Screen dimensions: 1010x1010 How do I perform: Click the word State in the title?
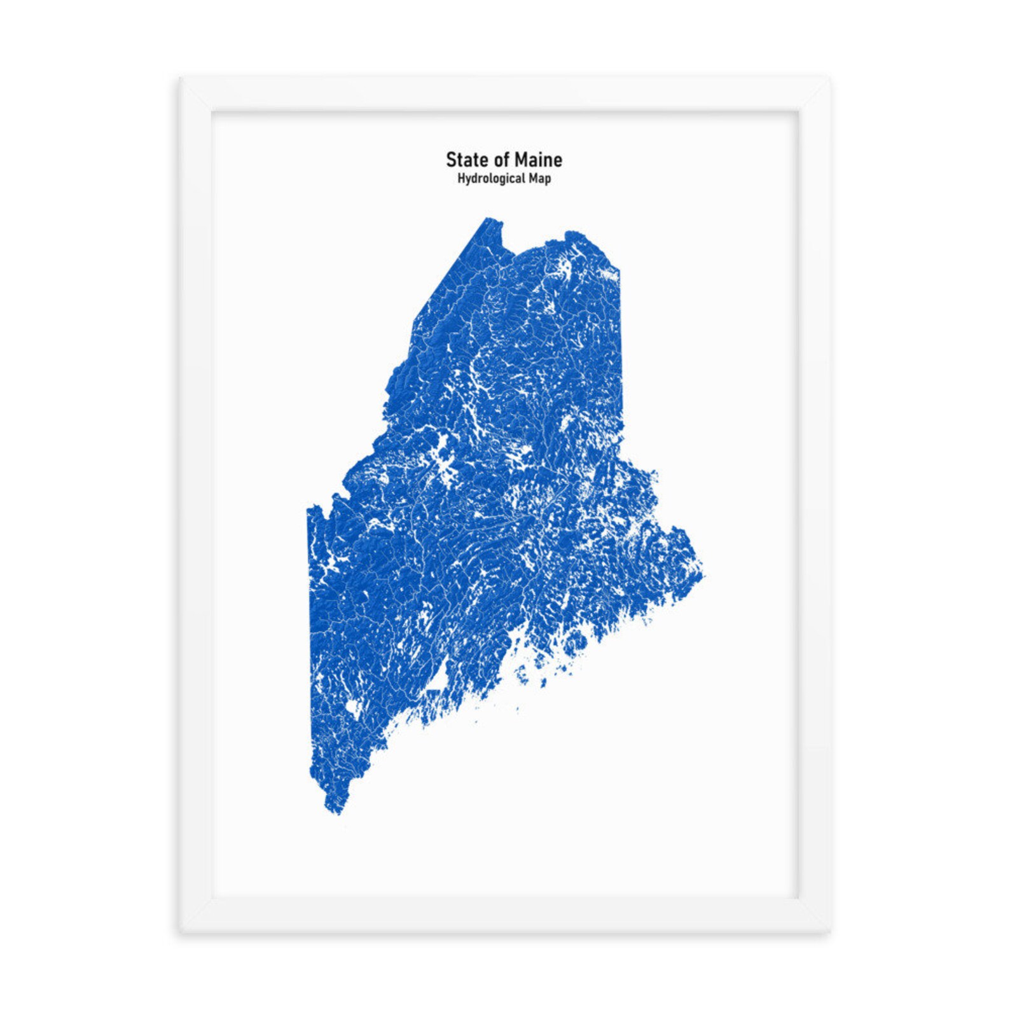(463, 159)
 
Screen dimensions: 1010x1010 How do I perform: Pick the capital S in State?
(450, 159)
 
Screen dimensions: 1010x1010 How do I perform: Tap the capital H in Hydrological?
(460, 178)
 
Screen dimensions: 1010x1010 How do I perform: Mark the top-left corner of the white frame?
(181, 79)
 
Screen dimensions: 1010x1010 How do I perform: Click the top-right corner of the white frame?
(829, 79)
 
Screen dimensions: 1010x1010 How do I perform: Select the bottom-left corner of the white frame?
(181, 932)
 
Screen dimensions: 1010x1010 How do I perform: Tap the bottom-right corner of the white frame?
(829, 932)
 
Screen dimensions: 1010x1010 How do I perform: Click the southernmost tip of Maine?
(335, 813)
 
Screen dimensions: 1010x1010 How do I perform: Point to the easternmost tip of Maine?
(704, 576)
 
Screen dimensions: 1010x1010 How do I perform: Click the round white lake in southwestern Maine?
(352, 708)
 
